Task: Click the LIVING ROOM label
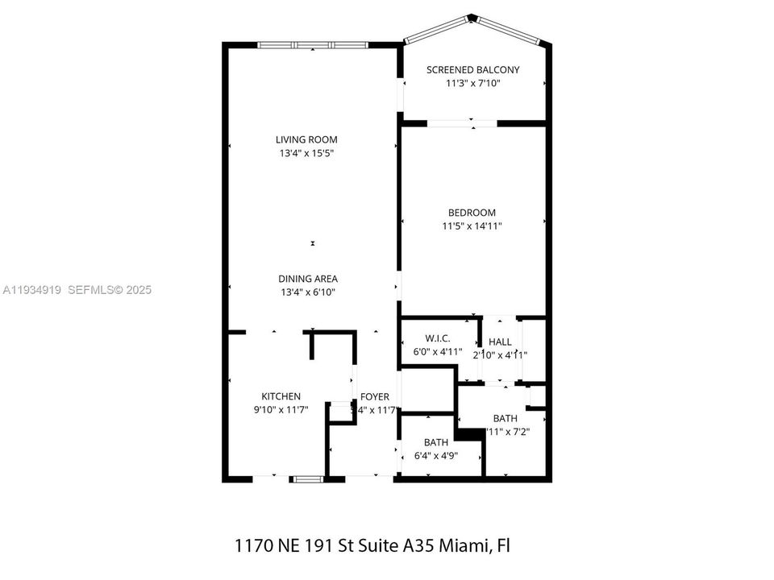click(x=306, y=139)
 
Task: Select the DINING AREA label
click(x=306, y=279)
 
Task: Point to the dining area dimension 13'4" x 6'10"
click(x=306, y=292)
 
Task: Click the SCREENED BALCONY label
click(x=472, y=70)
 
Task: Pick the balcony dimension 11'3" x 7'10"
click(x=472, y=83)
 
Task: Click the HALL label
click(x=500, y=342)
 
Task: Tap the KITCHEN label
click(x=281, y=396)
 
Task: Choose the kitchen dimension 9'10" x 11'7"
click(x=281, y=409)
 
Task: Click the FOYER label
click(x=375, y=396)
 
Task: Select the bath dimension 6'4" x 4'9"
click(x=436, y=455)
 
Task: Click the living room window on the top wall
click(x=312, y=45)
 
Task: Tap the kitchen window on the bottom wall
click(x=306, y=479)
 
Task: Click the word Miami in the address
click(x=465, y=545)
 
